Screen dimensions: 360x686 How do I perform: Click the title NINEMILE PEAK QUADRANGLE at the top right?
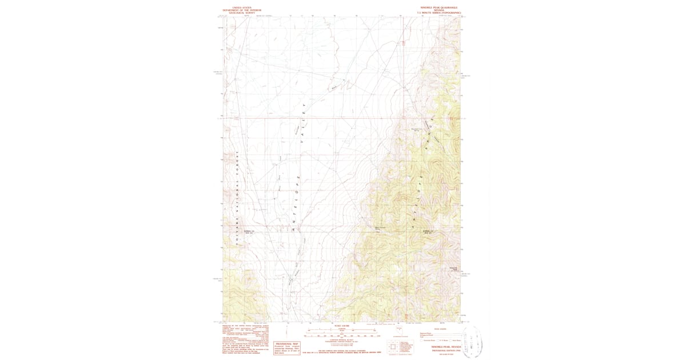click(440, 8)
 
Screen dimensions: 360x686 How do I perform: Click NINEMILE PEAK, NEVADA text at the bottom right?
click(440, 346)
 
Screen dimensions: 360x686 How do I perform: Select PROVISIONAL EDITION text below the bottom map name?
click(440, 350)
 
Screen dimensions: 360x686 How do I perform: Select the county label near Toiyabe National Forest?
click(248, 231)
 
